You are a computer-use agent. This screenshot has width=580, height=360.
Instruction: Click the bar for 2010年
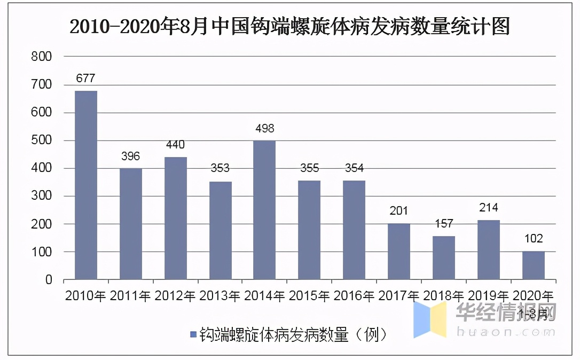pyautogui.click(x=86, y=185)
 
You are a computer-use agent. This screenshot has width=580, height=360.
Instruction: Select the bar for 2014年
pyautogui.click(x=264, y=210)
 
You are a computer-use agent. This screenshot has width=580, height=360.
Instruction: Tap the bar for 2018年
pyautogui.click(x=444, y=257)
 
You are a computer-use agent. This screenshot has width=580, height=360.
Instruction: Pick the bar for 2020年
pyautogui.click(x=533, y=265)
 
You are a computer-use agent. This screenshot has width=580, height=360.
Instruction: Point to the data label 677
pyautogui.click(x=85, y=79)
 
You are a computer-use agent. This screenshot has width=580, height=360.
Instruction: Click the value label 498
pyautogui.click(x=264, y=129)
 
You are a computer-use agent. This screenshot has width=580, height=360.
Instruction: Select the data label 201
pyautogui.click(x=399, y=212)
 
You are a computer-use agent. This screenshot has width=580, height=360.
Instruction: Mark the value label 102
pyautogui.click(x=533, y=239)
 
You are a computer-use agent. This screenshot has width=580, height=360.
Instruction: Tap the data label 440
pyautogui.click(x=175, y=145)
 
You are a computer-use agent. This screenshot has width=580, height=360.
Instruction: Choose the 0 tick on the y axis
pyautogui.click(x=48, y=280)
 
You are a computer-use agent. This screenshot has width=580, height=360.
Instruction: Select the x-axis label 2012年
pyautogui.click(x=175, y=295)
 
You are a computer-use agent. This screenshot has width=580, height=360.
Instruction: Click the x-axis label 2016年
pyautogui.click(x=354, y=295)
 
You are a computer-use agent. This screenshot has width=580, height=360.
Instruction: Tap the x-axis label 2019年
pyautogui.click(x=488, y=295)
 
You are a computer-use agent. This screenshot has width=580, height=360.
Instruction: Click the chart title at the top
pyautogui.click(x=290, y=26)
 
